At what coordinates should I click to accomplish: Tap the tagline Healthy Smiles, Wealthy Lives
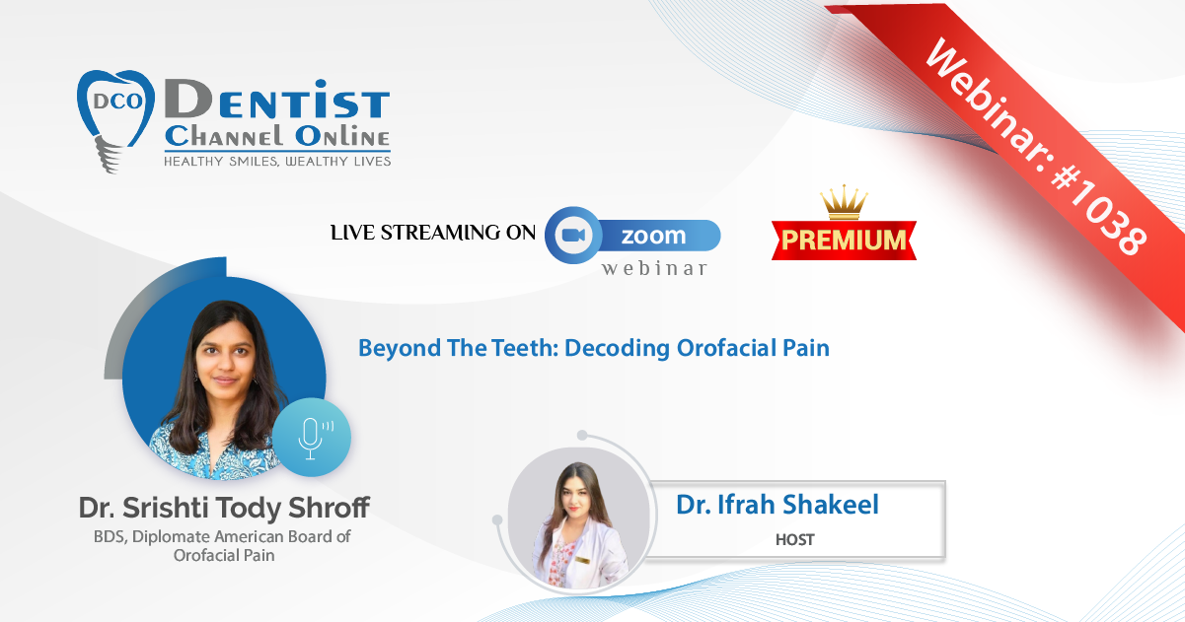277,162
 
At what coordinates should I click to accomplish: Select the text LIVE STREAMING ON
433,233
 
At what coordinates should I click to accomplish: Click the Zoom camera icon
573,235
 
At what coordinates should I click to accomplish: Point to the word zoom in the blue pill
653,236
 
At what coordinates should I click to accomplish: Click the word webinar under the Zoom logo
654,268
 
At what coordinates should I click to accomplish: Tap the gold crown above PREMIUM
844,202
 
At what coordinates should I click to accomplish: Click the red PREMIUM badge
844,241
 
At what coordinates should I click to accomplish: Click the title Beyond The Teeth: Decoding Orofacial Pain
594,348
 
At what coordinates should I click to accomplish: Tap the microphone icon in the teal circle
312,438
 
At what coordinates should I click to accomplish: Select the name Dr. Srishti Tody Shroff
224,508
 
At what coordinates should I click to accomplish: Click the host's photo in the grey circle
579,518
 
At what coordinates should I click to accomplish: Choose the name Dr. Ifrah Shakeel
778,505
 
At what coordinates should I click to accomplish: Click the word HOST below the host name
794,539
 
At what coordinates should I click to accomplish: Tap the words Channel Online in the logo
277,136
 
